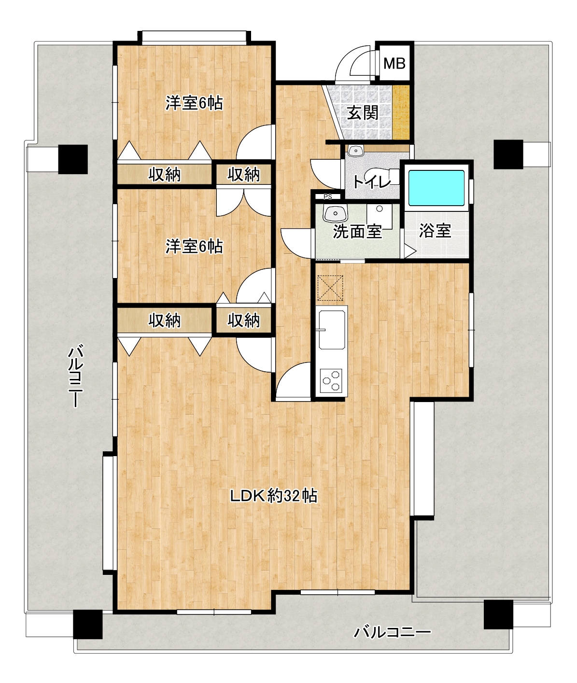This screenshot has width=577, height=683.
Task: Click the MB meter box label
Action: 394,63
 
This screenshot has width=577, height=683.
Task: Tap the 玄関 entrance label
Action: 363,113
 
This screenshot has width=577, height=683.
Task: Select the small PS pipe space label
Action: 327,197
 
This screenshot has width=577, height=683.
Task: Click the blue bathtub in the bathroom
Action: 436,188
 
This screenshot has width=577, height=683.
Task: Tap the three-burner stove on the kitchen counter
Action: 331,381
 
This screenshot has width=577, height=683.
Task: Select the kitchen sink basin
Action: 332,330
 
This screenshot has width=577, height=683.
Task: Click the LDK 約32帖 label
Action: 274,496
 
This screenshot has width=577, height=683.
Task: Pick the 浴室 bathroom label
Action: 436,231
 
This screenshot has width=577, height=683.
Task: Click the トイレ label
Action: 372,182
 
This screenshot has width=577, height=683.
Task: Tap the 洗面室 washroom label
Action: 357,231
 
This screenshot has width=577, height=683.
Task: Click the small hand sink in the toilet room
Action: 355,151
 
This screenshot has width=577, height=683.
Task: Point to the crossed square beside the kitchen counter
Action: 330,288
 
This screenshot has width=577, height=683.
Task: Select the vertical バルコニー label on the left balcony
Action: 76,376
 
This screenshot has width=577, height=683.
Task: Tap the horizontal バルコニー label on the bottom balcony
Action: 393,632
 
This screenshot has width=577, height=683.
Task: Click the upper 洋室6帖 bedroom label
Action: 194,103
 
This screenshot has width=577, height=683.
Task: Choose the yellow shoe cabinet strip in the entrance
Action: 401,112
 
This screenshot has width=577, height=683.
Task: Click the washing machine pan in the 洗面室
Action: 380,217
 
